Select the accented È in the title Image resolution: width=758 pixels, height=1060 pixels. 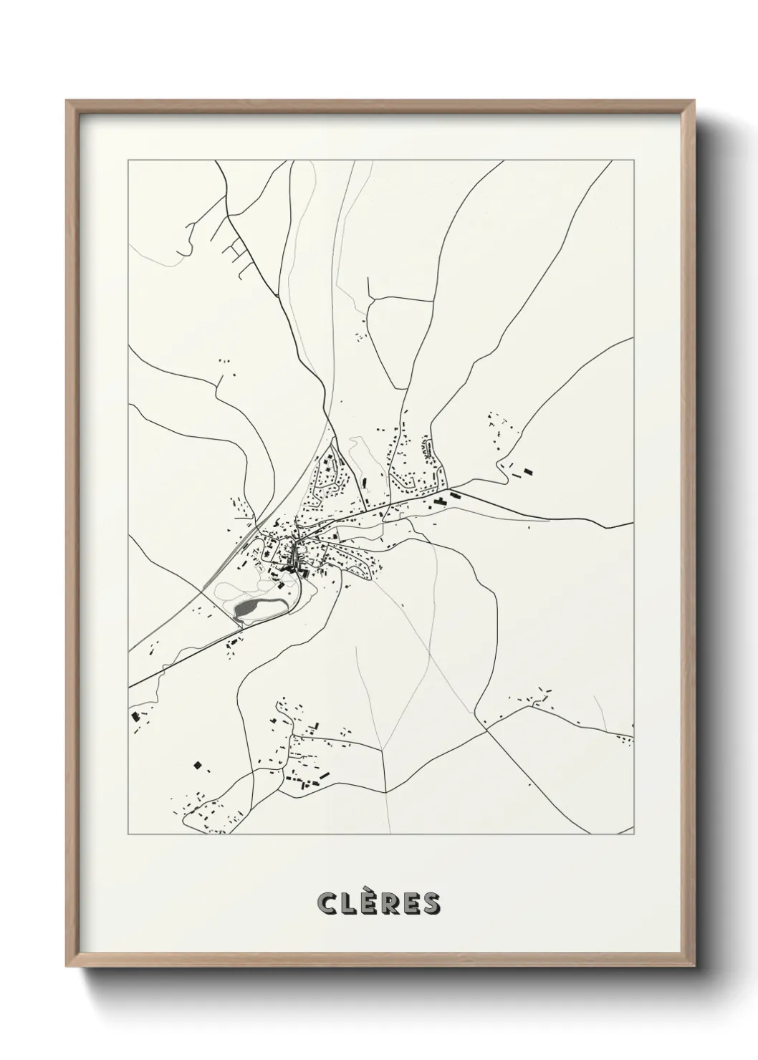click(367, 902)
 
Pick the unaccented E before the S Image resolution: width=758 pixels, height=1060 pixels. click(411, 904)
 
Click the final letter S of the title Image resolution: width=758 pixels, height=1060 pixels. click(431, 904)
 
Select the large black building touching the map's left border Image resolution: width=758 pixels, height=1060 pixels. click(134, 717)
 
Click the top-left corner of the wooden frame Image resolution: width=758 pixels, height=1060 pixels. click(67, 101)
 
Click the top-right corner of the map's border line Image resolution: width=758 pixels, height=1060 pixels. click(635, 160)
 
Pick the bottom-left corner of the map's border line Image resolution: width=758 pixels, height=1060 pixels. click(128, 834)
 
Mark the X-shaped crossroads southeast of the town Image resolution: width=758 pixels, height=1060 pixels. click(486, 730)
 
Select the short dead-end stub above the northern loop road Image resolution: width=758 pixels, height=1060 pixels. click(368, 287)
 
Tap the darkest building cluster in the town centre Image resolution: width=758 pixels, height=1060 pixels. click(290, 566)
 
